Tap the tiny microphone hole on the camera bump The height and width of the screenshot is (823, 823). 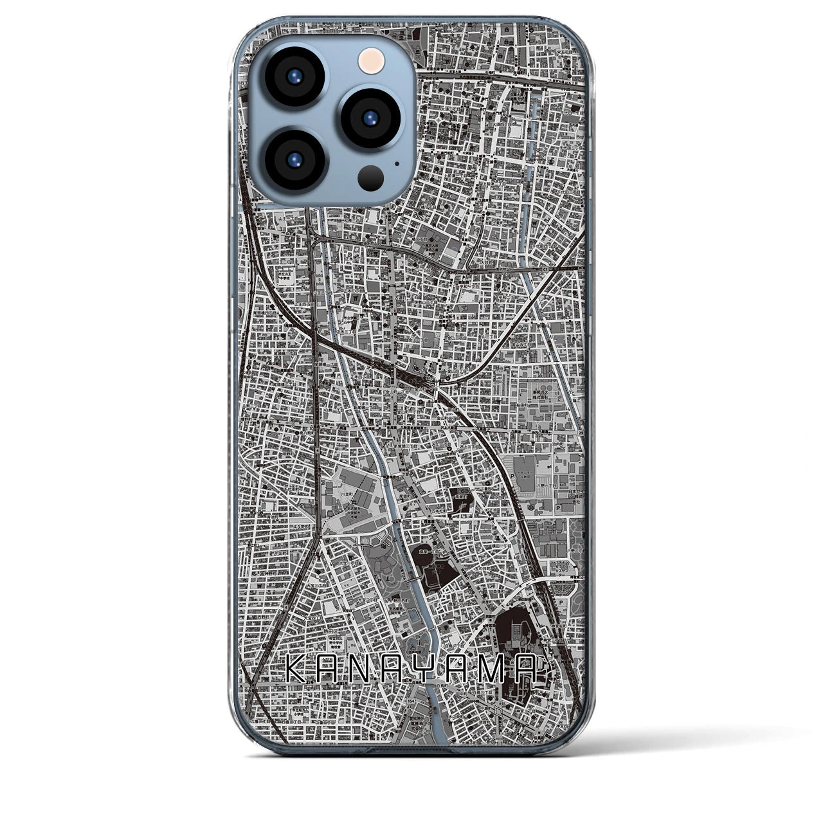[x=397, y=163]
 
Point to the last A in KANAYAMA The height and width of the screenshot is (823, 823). [x=536, y=672]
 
